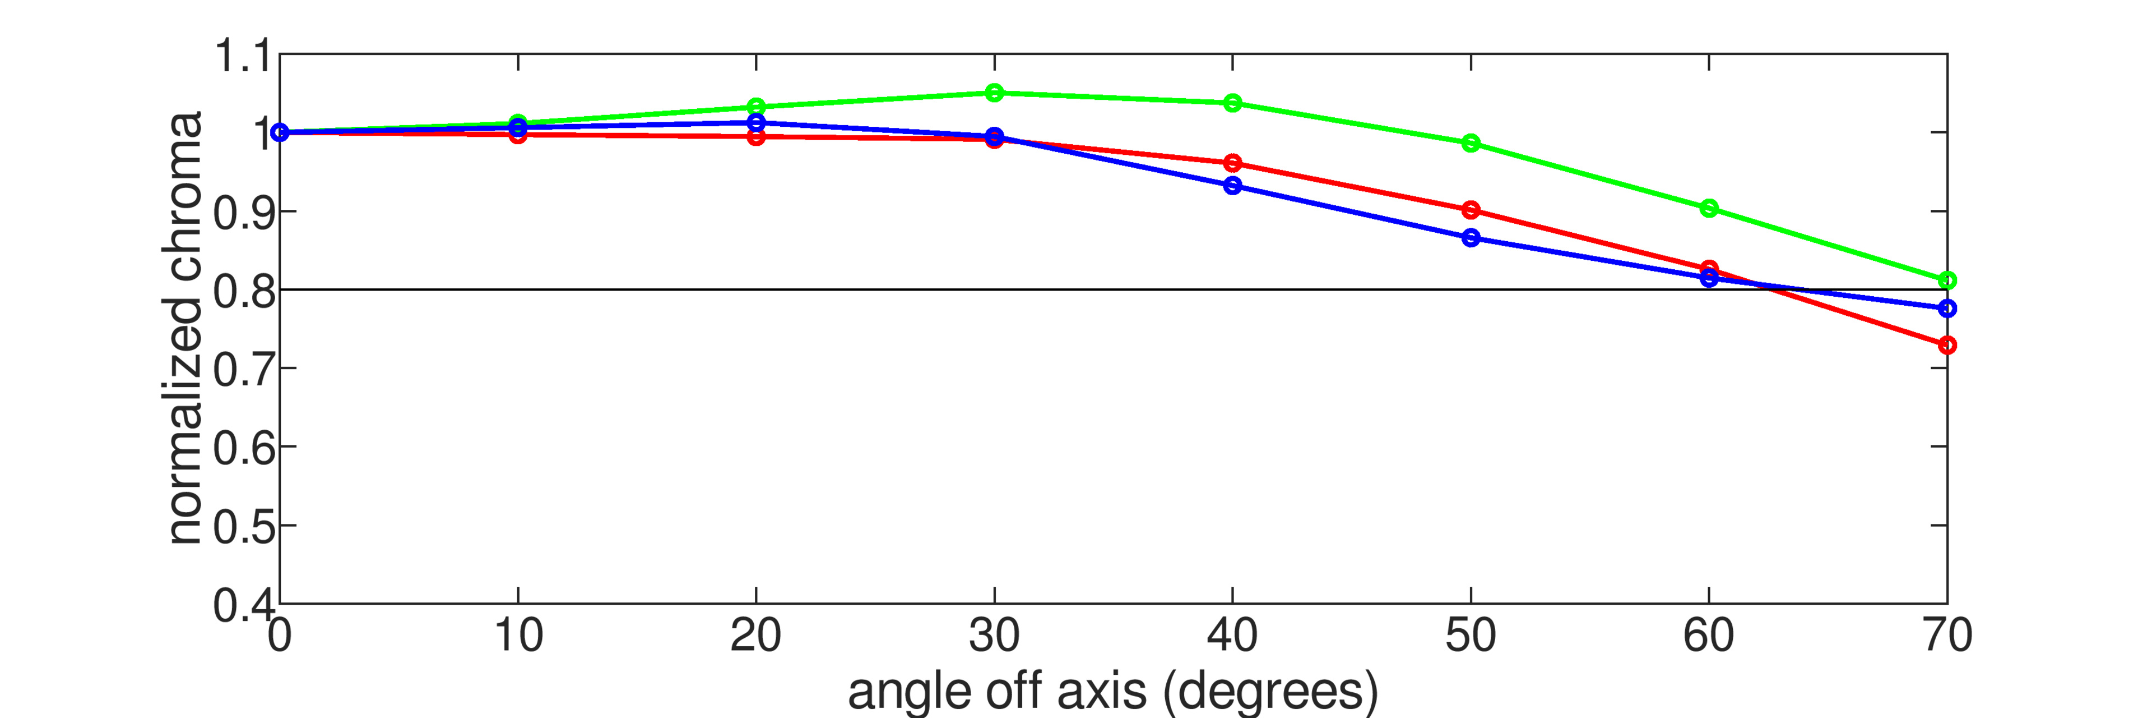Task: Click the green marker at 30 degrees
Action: point(994,93)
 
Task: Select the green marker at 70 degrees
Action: point(1946,280)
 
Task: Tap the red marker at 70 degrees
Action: point(1946,345)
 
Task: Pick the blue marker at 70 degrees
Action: point(1946,309)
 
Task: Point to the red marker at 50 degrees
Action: point(1471,210)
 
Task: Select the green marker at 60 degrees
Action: point(1709,208)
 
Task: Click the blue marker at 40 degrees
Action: point(1232,186)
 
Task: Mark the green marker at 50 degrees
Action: point(1471,143)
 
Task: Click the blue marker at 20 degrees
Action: point(756,123)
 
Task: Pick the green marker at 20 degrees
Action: point(756,106)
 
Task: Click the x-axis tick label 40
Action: point(1232,636)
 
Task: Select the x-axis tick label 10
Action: point(518,636)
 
